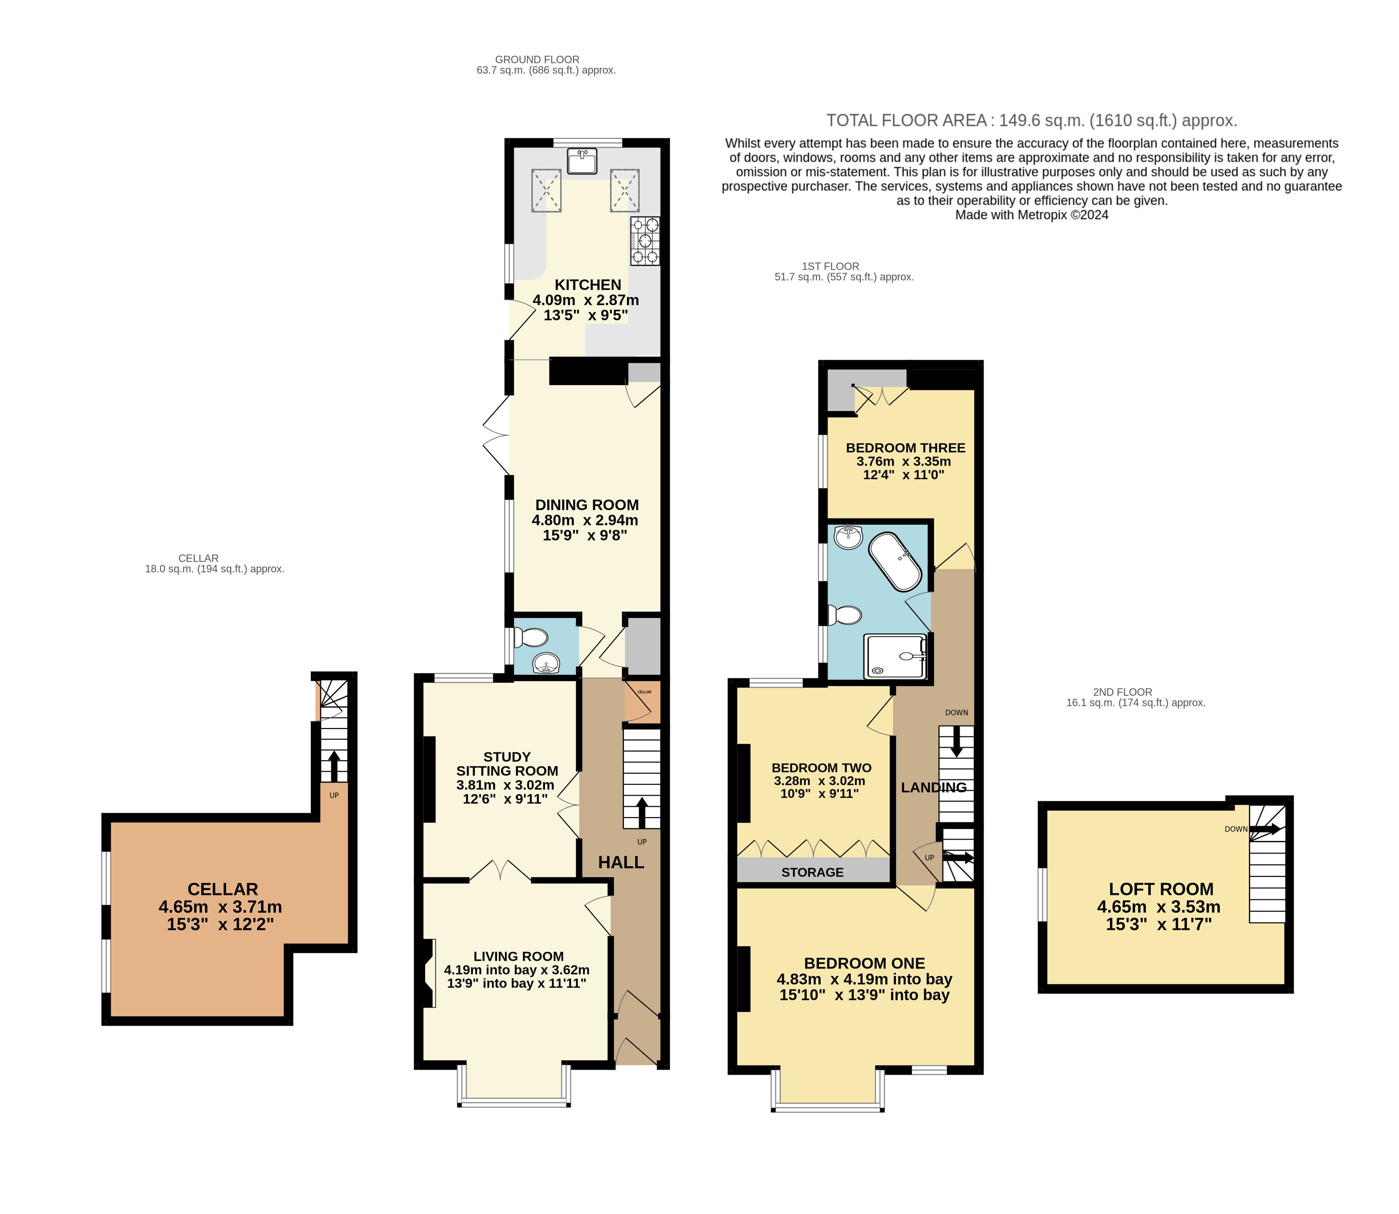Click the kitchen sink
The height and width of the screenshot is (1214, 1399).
(582, 161)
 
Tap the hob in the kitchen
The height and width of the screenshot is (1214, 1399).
(645, 241)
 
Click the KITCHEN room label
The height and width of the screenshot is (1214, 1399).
(588, 285)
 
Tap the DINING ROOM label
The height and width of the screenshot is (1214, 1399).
(587, 505)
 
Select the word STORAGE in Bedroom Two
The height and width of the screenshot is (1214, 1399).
(813, 873)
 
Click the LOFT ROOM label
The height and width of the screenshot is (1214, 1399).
(1161, 890)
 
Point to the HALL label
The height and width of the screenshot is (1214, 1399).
(621, 862)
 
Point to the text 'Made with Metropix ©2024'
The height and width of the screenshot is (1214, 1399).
(1032, 215)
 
